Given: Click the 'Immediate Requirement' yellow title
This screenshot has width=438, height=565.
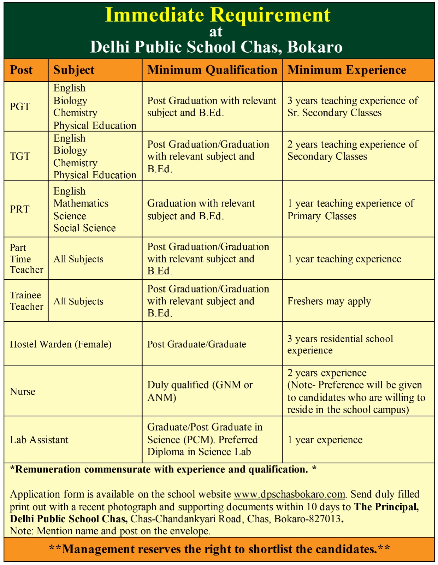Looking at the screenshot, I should pos(218,15).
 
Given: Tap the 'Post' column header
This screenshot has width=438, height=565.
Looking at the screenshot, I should pos(21,70).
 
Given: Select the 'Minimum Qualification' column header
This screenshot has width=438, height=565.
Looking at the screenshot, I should pos(212,70).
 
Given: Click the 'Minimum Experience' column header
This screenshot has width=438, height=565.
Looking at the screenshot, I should pos(347,70).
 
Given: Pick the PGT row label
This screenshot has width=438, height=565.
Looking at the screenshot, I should pos(20,106).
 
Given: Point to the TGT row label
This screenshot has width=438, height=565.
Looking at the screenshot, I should pos(20,156).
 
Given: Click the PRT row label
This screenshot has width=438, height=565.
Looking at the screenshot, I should pos(20,209).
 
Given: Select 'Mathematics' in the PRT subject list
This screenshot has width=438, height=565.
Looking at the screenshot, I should pos(81,203).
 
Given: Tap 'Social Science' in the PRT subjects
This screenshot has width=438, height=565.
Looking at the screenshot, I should pos(84,228).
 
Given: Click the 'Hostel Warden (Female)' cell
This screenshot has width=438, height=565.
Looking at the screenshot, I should pos(61,344).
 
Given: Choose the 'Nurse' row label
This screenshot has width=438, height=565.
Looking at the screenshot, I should pos(23,392).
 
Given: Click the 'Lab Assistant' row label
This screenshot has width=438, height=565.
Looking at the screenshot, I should pos(39,440).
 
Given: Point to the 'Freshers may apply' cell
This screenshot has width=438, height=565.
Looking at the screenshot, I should pos(329,301).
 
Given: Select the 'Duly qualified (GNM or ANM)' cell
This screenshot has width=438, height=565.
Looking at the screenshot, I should pos(200,391).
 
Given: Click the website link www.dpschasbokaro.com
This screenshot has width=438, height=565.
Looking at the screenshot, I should pos(289,494).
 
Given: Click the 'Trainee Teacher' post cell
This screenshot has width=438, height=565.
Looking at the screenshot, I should pos(26,301).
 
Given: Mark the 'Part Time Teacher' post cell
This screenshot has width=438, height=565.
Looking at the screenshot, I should pos(26,258).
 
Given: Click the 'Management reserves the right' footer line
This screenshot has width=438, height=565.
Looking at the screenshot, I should pos(219,549).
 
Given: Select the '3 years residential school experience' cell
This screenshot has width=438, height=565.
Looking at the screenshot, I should pos(340,344).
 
